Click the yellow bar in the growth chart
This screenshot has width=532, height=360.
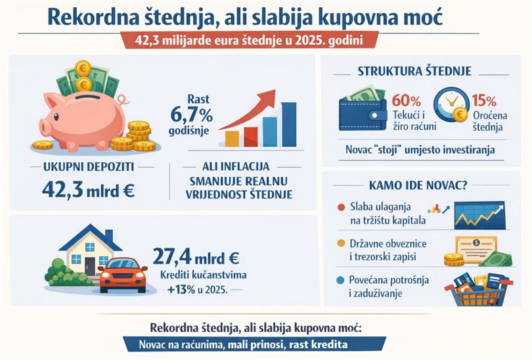[x=232, y=138]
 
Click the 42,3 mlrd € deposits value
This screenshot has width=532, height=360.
[x=88, y=190]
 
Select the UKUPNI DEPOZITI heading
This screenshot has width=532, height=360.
[x=88, y=166]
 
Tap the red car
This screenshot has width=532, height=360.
[x=123, y=274]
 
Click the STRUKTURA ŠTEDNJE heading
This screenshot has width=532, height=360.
[x=414, y=71]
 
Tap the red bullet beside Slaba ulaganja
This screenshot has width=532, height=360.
[x=340, y=208]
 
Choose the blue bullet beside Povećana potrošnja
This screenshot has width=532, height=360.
[x=340, y=280]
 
